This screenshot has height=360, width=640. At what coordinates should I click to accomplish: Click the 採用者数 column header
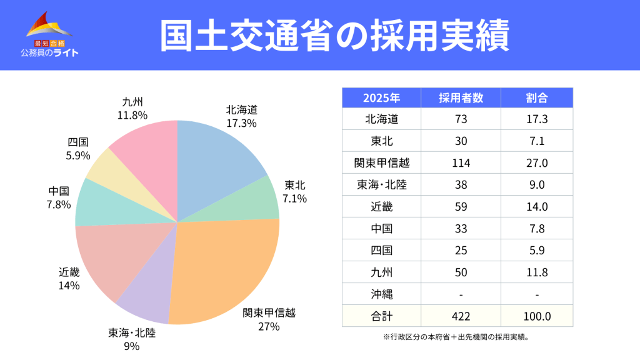pyautogui.click(x=461, y=98)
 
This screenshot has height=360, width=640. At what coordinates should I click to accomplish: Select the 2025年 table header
pyautogui.click(x=381, y=98)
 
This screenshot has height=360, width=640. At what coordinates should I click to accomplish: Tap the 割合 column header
pyautogui.click(x=537, y=98)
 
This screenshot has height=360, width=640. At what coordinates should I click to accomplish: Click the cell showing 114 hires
pyautogui.click(x=461, y=163)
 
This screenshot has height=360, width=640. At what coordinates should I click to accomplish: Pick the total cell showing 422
pyautogui.click(x=461, y=316)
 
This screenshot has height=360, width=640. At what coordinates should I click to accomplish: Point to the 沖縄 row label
pyautogui.click(x=381, y=294)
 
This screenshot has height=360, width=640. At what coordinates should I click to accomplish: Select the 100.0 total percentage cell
pyautogui.click(x=537, y=316)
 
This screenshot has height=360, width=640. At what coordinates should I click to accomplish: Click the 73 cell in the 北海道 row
pyautogui.click(x=461, y=119)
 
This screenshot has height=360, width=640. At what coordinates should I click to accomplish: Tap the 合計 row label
pyautogui.click(x=381, y=316)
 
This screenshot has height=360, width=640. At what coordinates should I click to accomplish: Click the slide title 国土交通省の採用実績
pyautogui.click(x=334, y=35)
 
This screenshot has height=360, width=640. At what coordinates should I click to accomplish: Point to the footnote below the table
pyautogui.click(x=457, y=337)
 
